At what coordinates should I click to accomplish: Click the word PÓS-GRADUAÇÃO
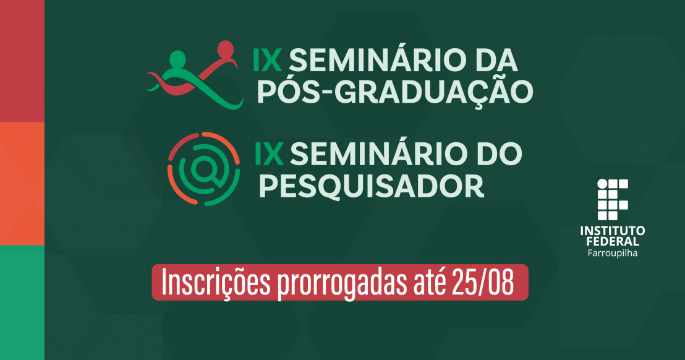[394, 92]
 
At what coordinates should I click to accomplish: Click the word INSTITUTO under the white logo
[612, 231]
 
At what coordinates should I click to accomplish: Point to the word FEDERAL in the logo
[612, 242]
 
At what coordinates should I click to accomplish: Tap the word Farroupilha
[612, 253]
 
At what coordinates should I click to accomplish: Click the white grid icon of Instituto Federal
[612, 200]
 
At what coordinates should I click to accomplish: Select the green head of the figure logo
[178, 59]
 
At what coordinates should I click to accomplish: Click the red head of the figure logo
[226, 48]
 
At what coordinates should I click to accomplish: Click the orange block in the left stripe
[22, 183]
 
